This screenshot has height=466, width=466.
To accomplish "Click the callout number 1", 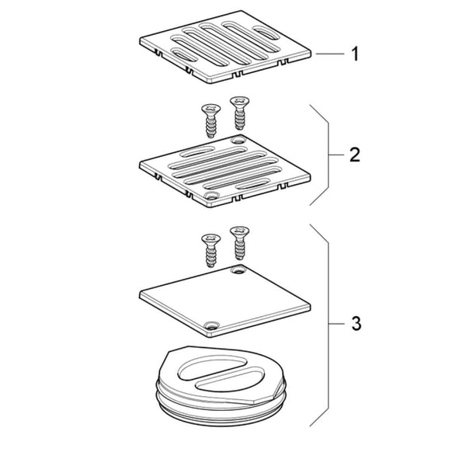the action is point(355,54).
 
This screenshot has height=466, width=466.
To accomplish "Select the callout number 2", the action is point(355,155).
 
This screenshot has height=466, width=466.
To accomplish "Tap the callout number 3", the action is point(356,323).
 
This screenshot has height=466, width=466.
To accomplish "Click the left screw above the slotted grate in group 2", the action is point(210,120).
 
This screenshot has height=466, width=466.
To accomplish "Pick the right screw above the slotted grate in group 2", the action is point(239,113).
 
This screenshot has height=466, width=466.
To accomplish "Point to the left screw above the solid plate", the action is point(210,250).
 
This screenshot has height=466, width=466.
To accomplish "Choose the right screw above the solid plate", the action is point(239,243).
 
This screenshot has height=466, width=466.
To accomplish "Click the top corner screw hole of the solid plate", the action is point(238,270).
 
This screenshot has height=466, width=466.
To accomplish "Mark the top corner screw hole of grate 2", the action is point(238,140).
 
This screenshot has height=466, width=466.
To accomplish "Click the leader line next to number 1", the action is point(330,54).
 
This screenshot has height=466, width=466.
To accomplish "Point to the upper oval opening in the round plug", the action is point(214,367).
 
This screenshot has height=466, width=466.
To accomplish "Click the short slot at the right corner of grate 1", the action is point(266,33).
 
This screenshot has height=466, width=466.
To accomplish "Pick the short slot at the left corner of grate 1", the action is point(184,54).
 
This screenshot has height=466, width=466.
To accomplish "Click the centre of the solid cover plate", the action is point(225,301).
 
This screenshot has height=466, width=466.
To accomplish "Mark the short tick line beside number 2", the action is point(336,155).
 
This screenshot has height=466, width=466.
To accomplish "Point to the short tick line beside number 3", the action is point(336,323).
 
